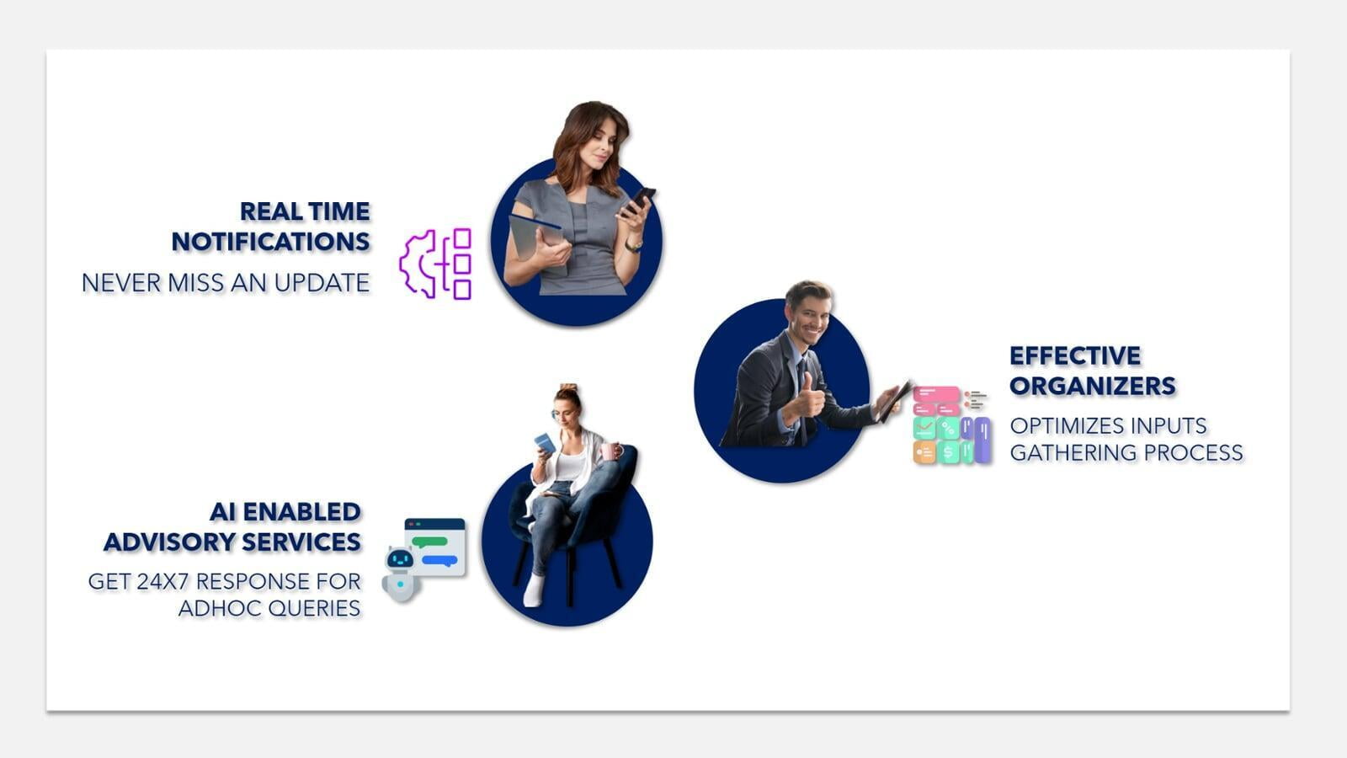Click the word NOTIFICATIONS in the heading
(x=270, y=242)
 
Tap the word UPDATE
(x=322, y=283)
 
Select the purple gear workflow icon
(x=435, y=264)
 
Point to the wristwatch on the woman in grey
(x=633, y=245)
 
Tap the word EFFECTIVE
(x=1075, y=356)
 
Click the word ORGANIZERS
(x=1093, y=387)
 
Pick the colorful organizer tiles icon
(x=951, y=424)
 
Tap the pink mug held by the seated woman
(x=610, y=451)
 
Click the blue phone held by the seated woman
(x=546, y=443)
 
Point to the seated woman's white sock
(x=534, y=590)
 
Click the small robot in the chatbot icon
(x=400, y=574)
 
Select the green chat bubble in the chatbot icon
(x=429, y=542)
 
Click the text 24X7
(x=162, y=582)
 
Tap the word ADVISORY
(x=168, y=542)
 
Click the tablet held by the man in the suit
(x=892, y=401)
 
